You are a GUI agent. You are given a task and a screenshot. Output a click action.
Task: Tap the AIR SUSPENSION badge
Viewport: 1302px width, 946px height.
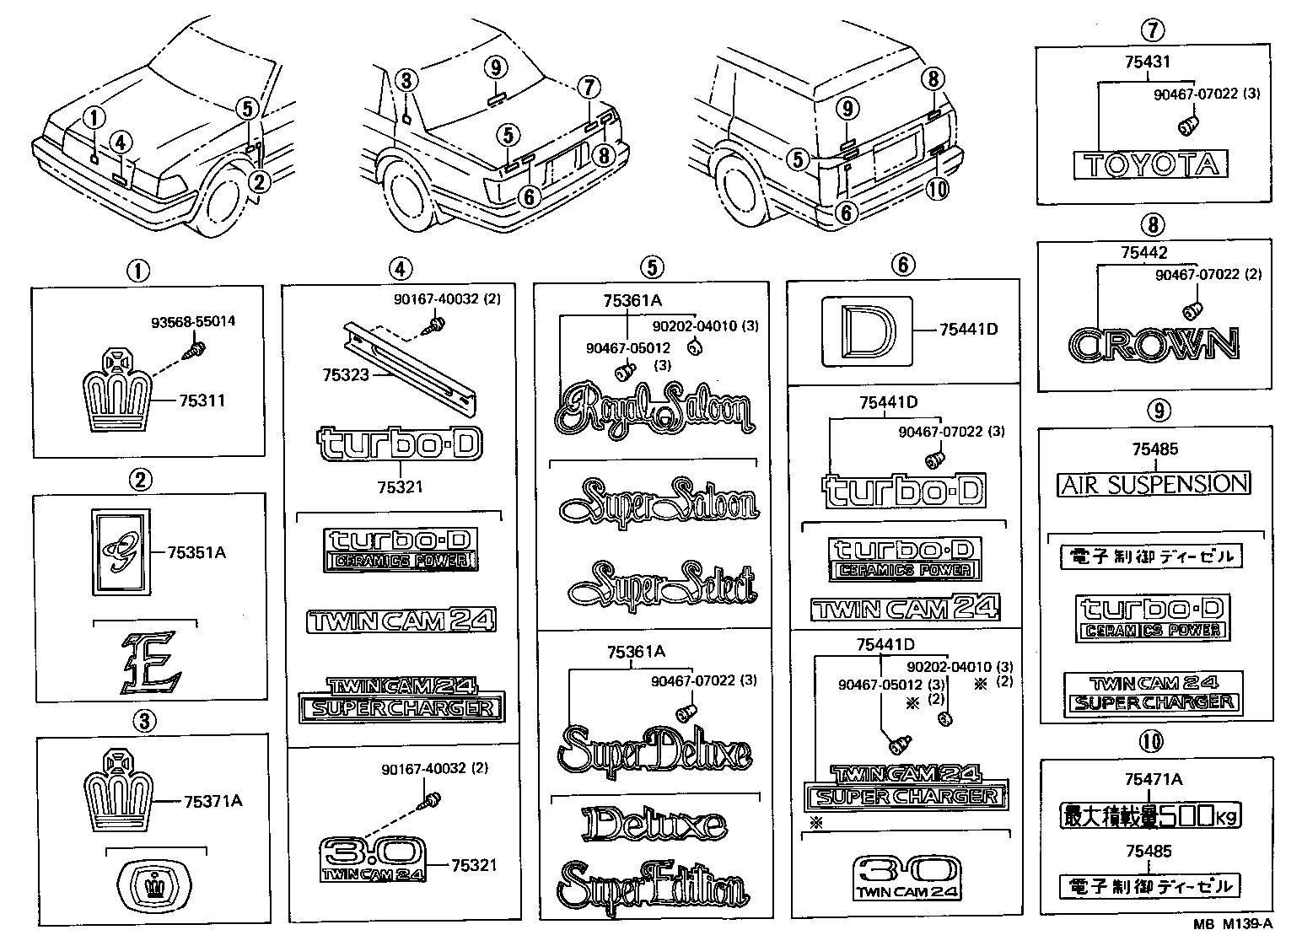coord(1154,483)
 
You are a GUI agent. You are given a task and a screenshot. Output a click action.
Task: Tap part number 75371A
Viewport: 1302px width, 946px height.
coord(213,801)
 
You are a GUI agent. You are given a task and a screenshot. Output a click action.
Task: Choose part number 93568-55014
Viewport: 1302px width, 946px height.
coord(193,321)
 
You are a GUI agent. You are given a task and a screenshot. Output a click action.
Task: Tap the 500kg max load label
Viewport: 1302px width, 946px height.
coord(1150,815)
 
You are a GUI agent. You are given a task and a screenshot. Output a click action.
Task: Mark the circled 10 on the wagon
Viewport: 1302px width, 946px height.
coord(937,189)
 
